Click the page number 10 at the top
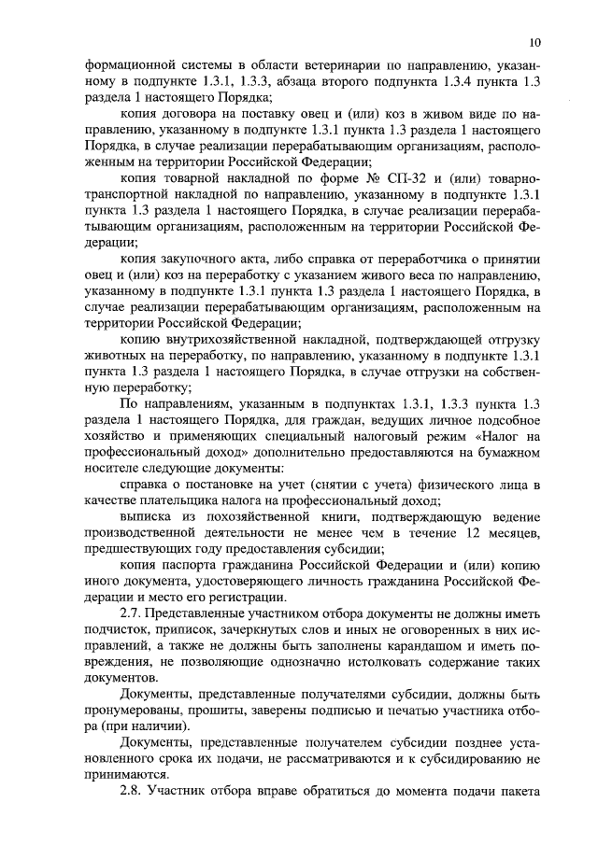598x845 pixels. (534, 41)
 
